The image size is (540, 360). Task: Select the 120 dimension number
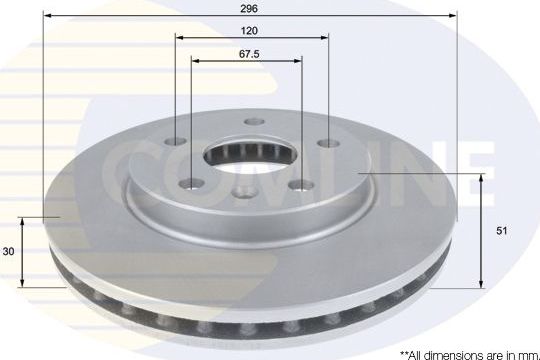pyautogui.click(x=250, y=30)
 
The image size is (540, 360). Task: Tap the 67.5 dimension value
pyautogui.click(x=250, y=54)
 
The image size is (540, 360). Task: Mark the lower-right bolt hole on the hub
pyautogui.click(x=300, y=184)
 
